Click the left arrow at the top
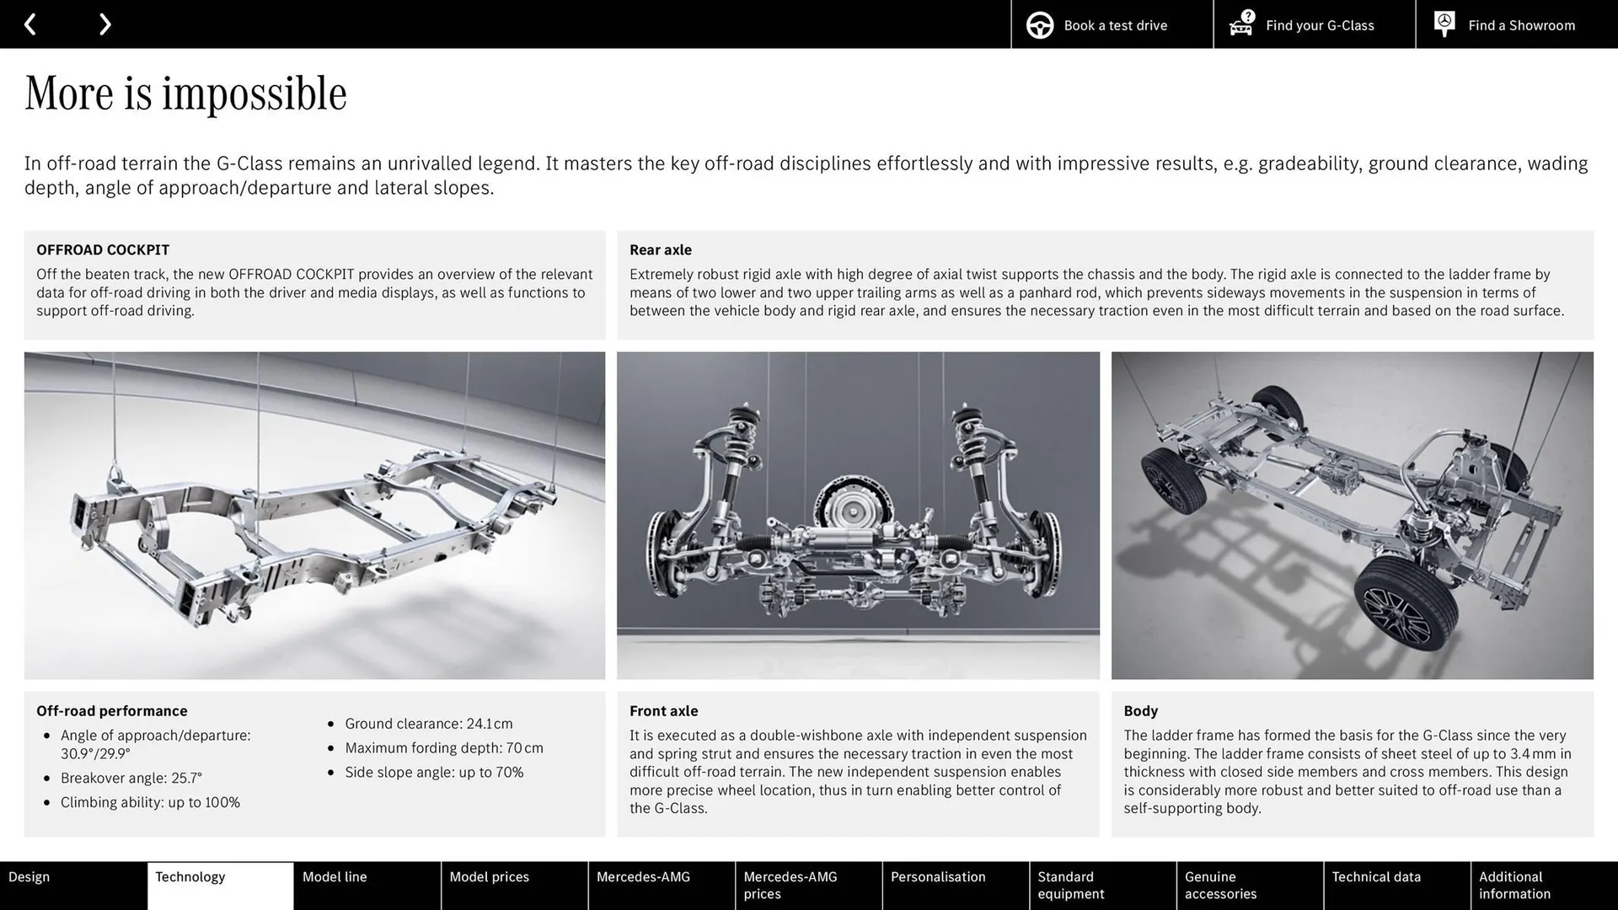click(x=30, y=24)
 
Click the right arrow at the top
click(x=104, y=24)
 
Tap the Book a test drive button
click(x=1112, y=24)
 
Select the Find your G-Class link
click(x=1314, y=24)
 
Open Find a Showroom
click(x=1516, y=24)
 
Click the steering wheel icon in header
click(x=1040, y=25)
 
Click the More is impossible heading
click(x=185, y=94)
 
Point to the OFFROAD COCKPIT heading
click(x=103, y=249)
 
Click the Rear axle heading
click(x=660, y=249)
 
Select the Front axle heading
click(x=663, y=710)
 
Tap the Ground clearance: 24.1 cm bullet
click(x=428, y=724)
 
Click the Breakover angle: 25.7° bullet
click(x=131, y=778)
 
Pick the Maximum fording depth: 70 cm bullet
click(x=443, y=748)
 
